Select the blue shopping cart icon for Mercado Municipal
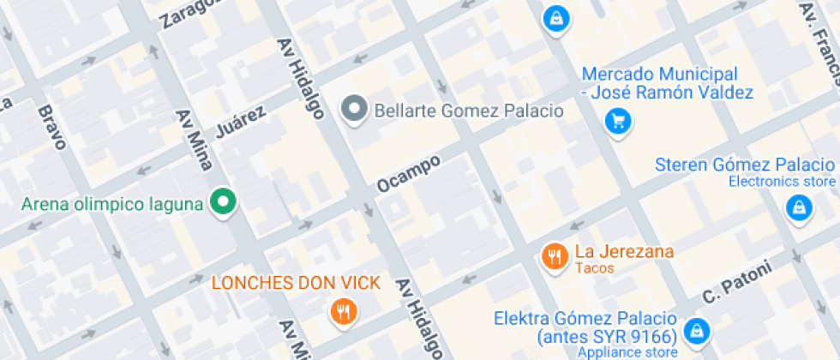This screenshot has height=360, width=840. (617, 121)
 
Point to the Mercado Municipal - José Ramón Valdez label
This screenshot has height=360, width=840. (667, 84)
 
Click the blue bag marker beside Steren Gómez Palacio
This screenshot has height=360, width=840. (799, 207)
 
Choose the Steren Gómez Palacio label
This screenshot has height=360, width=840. (744, 165)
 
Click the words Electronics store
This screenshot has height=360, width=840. (781, 181)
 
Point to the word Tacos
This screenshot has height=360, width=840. (595, 268)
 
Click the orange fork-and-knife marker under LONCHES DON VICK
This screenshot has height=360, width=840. (344, 311)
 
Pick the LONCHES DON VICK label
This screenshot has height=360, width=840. (296, 283)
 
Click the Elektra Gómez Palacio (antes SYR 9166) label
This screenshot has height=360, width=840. (585, 327)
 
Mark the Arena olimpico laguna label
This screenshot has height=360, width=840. (112, 204)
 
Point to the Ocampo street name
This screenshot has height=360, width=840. (408, 174)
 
